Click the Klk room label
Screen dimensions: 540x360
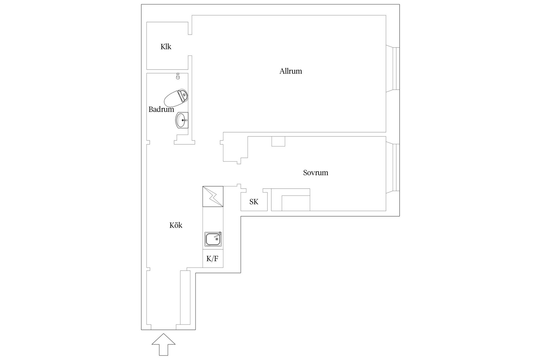(166, 47)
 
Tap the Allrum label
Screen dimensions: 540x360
(291, 71)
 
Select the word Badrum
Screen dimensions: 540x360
(161, 109)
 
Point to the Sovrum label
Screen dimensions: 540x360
(316, 173)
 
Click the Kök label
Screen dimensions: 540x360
(176, 225)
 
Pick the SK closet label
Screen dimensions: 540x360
(254, 202)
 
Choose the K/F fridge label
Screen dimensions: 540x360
(212, 259)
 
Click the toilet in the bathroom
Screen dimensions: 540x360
(176, 98)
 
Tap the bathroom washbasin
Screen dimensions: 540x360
(182, 120)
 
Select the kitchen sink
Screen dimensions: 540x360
(213, 239)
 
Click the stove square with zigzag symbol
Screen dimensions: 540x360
(213, 197)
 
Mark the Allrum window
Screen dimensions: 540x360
(393, 69)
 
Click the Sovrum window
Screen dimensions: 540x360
(393, 168)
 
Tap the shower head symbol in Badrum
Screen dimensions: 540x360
(178, 76)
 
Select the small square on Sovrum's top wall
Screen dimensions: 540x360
(278, 141)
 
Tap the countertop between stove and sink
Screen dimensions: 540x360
(213, 219)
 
